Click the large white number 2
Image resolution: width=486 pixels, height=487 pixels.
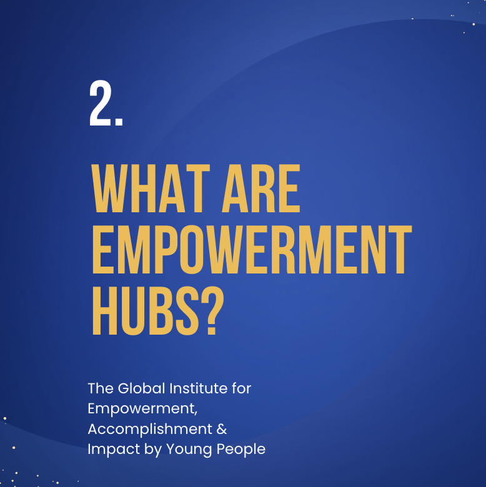[x=101, y=103]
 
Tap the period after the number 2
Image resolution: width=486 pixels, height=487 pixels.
[x=119, y=122]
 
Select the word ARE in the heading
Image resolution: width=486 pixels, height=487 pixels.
[x=261, y=188]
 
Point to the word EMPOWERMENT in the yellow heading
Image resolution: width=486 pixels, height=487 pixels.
[x=252, y=249]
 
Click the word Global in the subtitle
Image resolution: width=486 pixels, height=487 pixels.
[x=141, y=388]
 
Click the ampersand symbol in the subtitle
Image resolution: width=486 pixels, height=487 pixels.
[x=222, y=429]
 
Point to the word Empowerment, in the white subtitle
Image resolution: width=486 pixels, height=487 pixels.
[x=142, y=410]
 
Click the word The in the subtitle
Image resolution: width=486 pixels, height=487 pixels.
[x=101, y=388]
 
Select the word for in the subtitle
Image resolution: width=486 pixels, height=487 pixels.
[x=242, y=388]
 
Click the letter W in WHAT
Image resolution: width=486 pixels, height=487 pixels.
[x=109, y=188]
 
